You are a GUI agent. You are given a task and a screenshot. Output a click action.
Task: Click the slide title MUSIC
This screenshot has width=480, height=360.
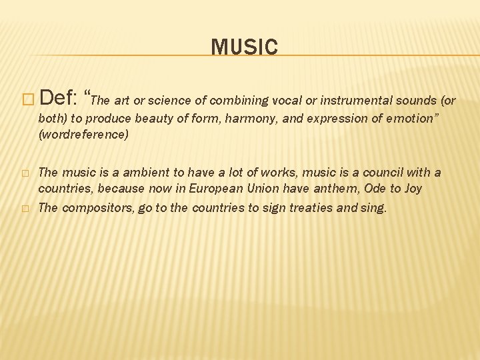click(x=244, y=47)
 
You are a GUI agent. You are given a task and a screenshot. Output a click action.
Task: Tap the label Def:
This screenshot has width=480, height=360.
click(x=59, y=100)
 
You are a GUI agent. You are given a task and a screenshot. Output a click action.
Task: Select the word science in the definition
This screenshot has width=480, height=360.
click(x=171, y=101)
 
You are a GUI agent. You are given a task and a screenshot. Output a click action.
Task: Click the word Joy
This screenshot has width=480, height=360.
click(x=413, y=189)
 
